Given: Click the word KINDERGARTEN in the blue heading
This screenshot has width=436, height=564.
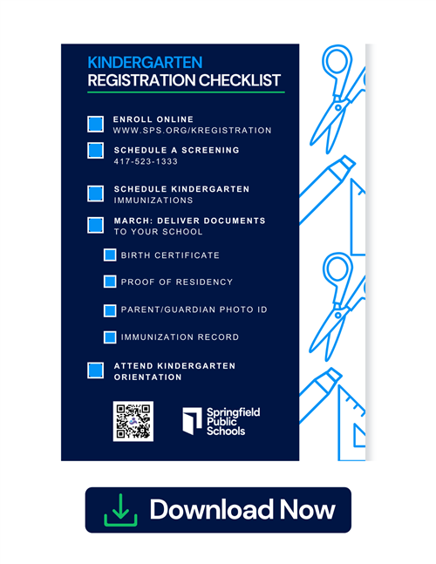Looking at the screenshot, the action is pos(145,63).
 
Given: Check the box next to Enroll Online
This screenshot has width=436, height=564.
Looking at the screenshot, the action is pos(95,124).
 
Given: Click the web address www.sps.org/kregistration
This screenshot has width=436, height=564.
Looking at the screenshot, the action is pos(192,130).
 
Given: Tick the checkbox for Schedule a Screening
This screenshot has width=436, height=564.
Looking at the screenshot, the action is pos(95,150).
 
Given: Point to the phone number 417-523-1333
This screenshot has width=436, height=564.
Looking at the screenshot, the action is pos(146,161).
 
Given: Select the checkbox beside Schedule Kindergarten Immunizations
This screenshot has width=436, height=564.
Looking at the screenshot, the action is pos(95,194).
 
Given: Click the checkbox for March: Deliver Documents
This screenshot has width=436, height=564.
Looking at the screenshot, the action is pos(95,225).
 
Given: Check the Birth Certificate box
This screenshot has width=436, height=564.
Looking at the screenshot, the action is pos(110,255).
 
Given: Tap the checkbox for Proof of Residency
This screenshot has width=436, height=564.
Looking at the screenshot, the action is pos(110,282).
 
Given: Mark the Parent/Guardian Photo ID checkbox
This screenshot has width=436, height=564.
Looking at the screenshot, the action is pos(110,311).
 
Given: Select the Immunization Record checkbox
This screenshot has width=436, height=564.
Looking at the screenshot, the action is pos(110,337).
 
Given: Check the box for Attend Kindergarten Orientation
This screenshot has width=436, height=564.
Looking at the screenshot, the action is pos(95,370).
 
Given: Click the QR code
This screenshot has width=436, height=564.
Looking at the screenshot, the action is pos(133,421).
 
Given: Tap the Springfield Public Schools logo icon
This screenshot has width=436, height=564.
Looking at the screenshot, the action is pos(192,421).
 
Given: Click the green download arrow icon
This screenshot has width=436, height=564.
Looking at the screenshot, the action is pos(120,510).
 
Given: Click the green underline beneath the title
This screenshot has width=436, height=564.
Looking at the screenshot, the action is pos(186,92).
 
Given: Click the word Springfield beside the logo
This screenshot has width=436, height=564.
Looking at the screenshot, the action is pos(233,412).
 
